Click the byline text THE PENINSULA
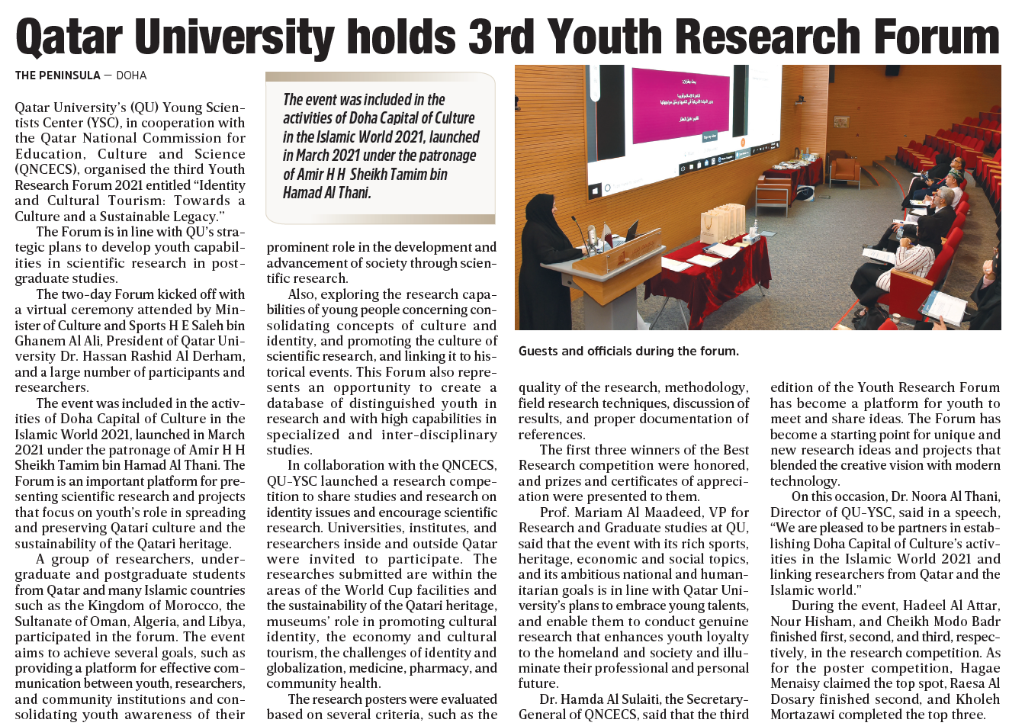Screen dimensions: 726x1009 (x=58, y=75)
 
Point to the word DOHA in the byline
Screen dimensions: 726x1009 (x=131, y=75)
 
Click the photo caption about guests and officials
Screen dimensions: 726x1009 (x=628, y=352)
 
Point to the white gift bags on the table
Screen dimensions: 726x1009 (x=723, y=222)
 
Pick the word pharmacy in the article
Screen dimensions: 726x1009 (x=437, y=669)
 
